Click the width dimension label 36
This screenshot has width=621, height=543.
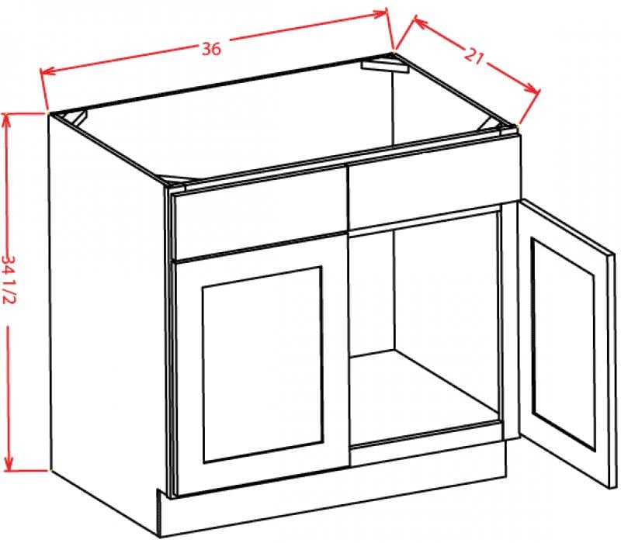[211, 49]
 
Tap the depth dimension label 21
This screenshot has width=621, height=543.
[474, 56]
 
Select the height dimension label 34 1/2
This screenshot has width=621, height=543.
[9, 279]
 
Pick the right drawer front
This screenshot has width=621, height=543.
[434, 184]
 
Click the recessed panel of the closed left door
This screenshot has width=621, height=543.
[262, 365]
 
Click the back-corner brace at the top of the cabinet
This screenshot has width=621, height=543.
[384, 66]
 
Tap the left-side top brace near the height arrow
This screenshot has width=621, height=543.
[75, 118]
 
